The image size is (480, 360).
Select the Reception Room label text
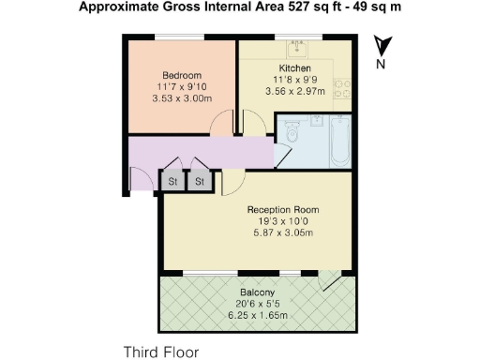[283, 209]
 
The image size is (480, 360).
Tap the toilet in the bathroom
[292, 136]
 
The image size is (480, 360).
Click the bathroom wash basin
[316, 120]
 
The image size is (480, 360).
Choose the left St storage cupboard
[173, 181]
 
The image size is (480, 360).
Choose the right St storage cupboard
[200, 181]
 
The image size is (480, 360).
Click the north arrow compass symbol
[381, 45]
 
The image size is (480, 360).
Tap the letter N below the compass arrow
[381, 65]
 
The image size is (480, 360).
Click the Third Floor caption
[162, 352]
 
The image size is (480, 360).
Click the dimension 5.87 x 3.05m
[283, 232]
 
